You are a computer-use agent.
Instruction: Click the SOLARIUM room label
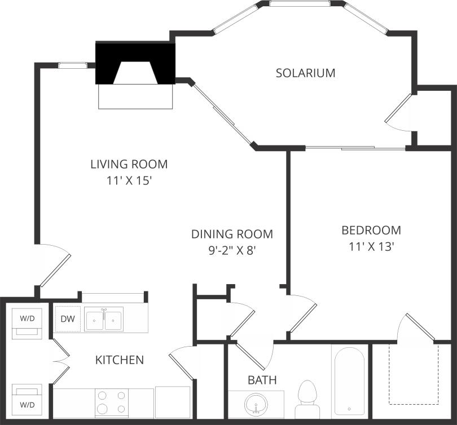305,73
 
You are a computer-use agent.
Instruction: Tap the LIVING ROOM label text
129,165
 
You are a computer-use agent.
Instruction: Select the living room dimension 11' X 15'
129,181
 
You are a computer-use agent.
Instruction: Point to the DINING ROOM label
231,234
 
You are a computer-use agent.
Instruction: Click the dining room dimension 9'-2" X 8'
231,250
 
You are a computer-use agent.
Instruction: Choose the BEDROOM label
371,230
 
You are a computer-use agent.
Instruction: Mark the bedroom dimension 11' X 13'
371,246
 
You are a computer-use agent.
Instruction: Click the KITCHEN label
119,360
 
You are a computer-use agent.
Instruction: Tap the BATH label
262,380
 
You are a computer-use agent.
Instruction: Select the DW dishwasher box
67,318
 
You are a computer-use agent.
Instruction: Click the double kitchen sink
104,320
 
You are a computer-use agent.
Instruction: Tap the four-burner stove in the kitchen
111,402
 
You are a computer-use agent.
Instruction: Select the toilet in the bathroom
307,398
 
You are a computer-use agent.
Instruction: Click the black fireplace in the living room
135,63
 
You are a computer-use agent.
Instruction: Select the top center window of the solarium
300,3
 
